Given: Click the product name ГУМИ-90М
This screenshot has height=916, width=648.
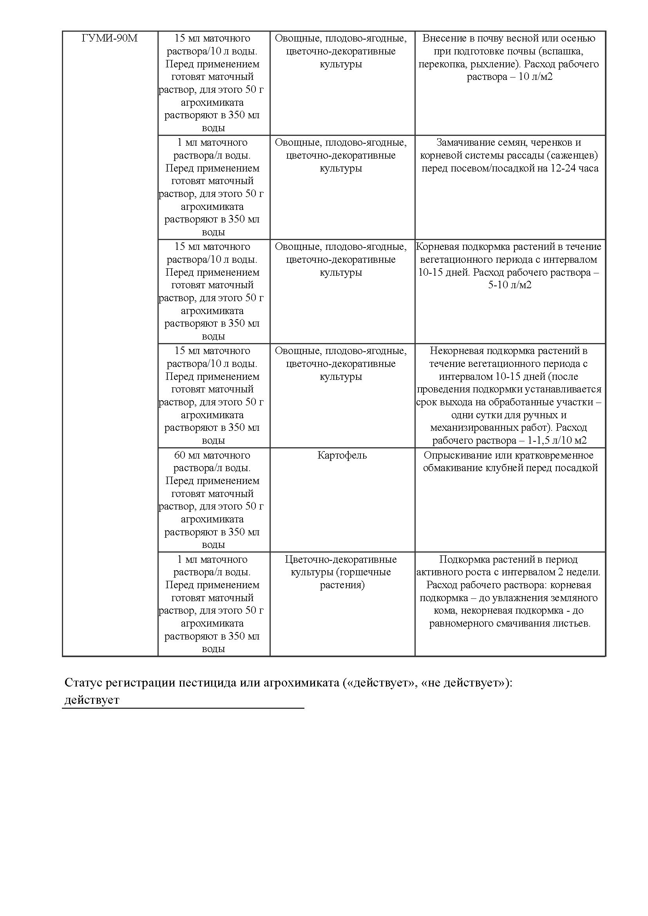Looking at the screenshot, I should coord(110,38).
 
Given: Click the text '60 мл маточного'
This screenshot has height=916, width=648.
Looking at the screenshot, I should coord(212,455).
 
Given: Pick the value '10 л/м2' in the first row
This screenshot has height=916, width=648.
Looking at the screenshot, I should coord(536,77).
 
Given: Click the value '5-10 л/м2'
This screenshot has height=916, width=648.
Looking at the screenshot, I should coord(510,285).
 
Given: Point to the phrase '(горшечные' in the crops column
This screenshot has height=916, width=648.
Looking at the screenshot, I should coord(364,572).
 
